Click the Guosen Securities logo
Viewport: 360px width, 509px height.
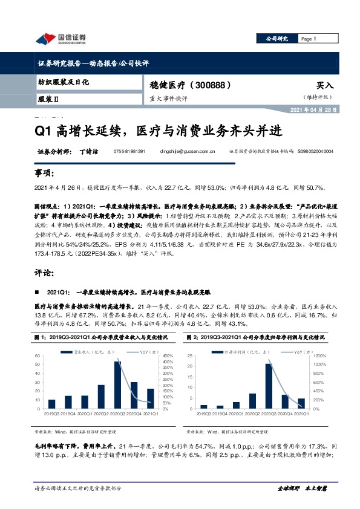click(x=61, y=39)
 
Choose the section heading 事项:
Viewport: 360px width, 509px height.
click(x=44, y=174)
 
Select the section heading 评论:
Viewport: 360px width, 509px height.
click(x=44, y=273)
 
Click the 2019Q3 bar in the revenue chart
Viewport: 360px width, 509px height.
click(x=51, y=404)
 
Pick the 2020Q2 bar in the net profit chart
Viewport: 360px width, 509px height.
click(x=251, y=401)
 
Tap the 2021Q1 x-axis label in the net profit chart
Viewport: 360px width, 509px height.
click(x=301, y=414)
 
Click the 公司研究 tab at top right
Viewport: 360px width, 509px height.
click(x=277, y=39)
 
